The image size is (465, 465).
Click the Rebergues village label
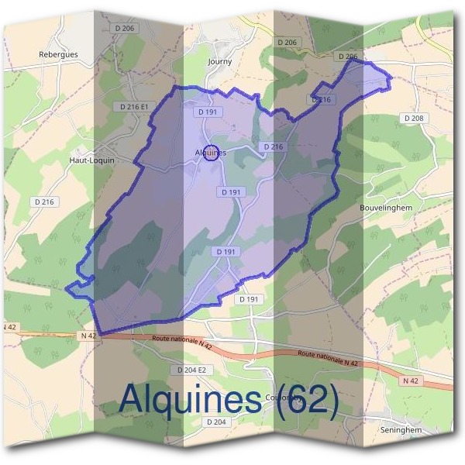coord(59,55)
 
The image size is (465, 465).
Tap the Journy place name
coord(220,60)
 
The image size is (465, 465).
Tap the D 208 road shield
coord(414,118)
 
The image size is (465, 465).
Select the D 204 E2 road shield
coord(191,370)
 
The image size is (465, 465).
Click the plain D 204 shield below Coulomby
coord(217,422)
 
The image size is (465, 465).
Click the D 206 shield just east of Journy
coord(286,42)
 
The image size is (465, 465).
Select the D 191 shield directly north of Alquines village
coord(205,112)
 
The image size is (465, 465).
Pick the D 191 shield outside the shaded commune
coord(250,299)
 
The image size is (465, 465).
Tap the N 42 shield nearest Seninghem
coord(409,381)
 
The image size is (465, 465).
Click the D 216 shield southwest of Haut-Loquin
coord(45,201)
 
